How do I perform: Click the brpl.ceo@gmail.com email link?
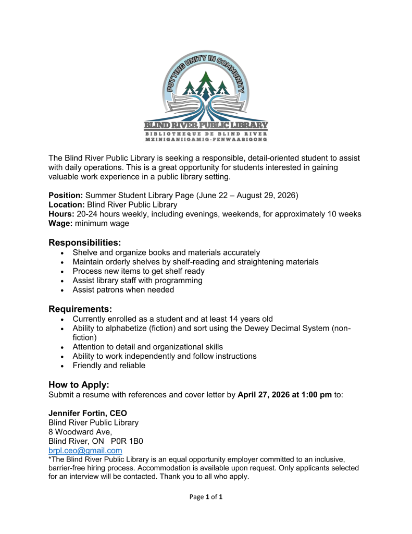(x=85, y=451)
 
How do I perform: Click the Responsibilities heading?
(x=85, y=242)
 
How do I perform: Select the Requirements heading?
(x=80, y=309)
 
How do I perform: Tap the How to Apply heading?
(x=79, y=385)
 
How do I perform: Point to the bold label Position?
(x=66, y=195)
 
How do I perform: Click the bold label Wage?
(x=60, y=224)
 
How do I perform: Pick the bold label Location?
(x=67, y=205)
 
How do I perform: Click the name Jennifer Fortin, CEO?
(x=88, y=413)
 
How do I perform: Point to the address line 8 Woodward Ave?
(x=80, y=432)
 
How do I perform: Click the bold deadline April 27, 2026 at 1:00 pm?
(x=284, y=395)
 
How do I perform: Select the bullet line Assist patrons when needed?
(x=123, y=290)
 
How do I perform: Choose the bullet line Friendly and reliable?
(x=109, y=366)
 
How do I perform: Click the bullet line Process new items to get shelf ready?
(x=139, y=271)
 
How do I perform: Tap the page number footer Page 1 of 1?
(x=206, y=497)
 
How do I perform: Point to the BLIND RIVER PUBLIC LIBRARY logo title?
(x=206, y=125)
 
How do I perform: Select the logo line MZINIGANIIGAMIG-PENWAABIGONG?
(x=206, y=140)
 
